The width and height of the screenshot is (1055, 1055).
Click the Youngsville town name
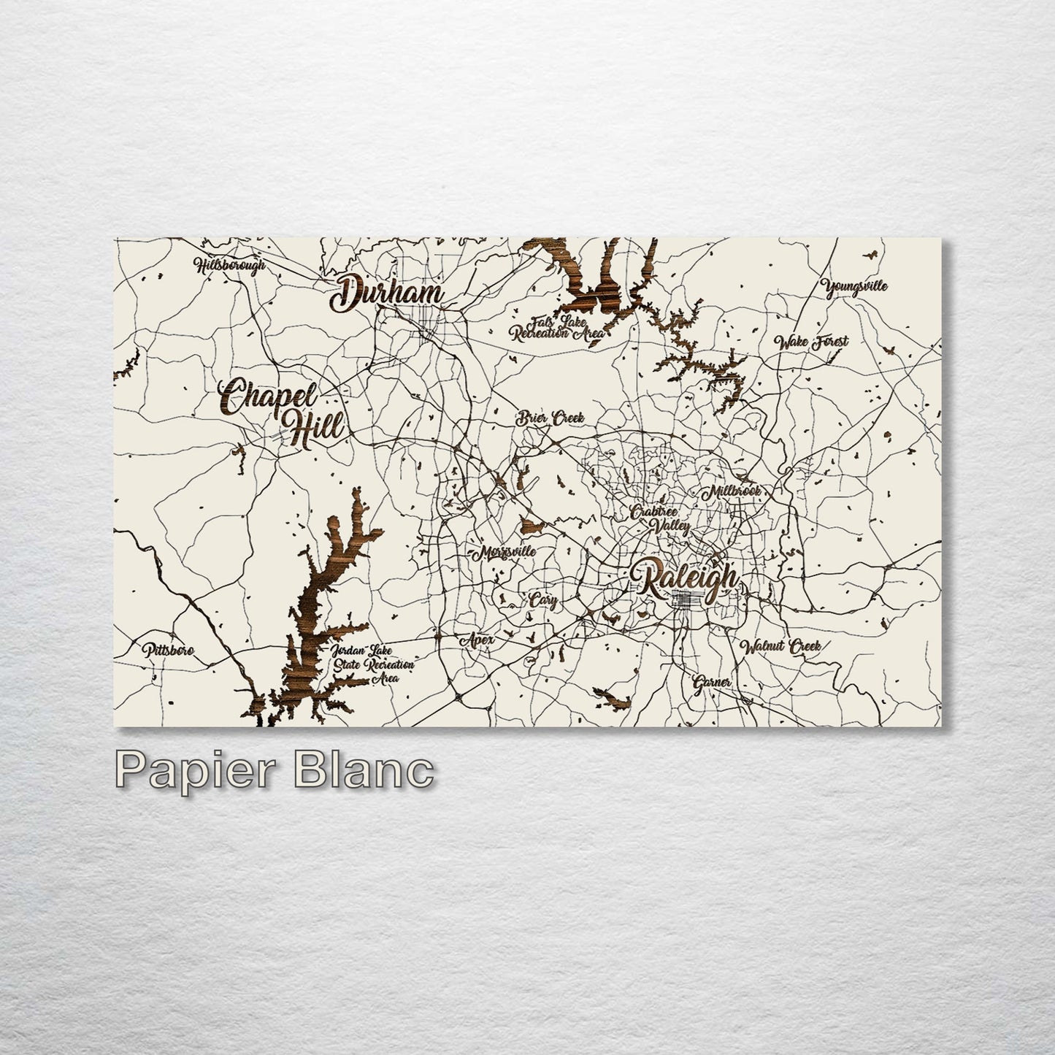point(854,286)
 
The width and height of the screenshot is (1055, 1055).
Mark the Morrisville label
point(505,553)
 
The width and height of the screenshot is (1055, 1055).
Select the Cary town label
point(543,602)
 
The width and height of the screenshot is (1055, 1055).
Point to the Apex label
point(477,640)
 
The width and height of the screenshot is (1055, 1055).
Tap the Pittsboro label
point(168,650)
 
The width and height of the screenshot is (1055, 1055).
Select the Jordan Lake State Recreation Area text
point(372,664)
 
